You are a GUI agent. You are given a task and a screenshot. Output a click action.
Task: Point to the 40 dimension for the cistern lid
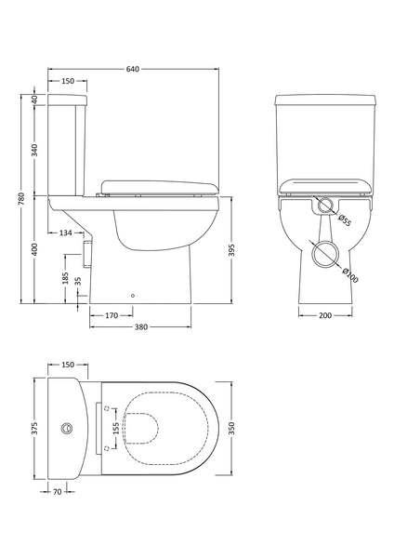click(35, 99)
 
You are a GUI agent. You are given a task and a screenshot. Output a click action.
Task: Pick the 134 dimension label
click(65, 232)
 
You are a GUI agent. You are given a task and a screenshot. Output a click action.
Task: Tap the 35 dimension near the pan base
click(78, 281)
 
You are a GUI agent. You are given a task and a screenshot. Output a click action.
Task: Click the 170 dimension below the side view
click(111, 315)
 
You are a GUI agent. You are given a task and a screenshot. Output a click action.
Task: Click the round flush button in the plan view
click(66, 429)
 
